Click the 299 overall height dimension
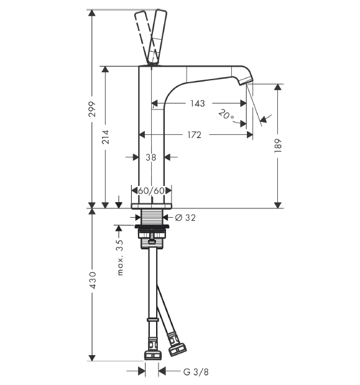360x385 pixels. pyautogui.click(x=92, y=109)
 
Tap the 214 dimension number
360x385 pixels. pyautogui.click(x=106, y=137)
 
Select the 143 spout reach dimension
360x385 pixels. pyautogui.click(x=198, y=103)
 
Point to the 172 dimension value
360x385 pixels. pyautogui.click(x=195, y=135)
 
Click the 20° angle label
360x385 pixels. pyautogui.click(x=226, y=114)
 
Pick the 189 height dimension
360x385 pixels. pyautogui.click(x=278, y=146)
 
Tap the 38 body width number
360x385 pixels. pyautogui.click(x=151, y=157)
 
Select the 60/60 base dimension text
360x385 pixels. pyautogui.click(x=151, y=190)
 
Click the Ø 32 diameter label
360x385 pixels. pyautogui.click(x=185, y=218)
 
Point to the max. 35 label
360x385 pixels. pyautogui.click(x=120, y=257)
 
